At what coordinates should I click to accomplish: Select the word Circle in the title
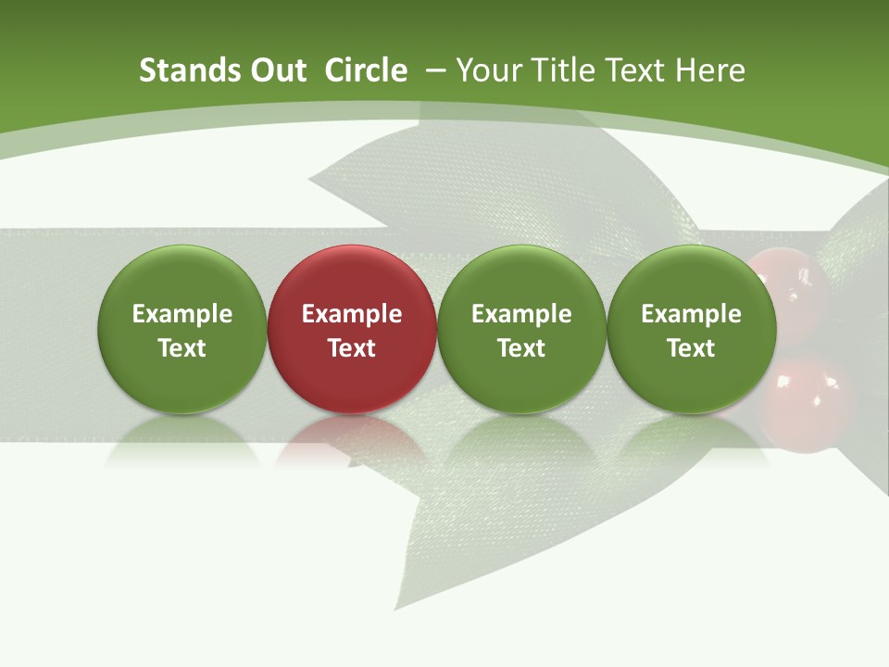366,70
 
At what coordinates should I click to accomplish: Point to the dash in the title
435,70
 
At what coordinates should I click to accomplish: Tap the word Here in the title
709,70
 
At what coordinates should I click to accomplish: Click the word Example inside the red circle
352,314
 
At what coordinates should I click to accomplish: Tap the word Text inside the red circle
352,348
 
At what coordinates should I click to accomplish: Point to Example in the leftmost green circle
182,314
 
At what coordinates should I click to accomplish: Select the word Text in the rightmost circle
691,348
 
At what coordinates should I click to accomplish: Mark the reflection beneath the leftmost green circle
182,439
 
